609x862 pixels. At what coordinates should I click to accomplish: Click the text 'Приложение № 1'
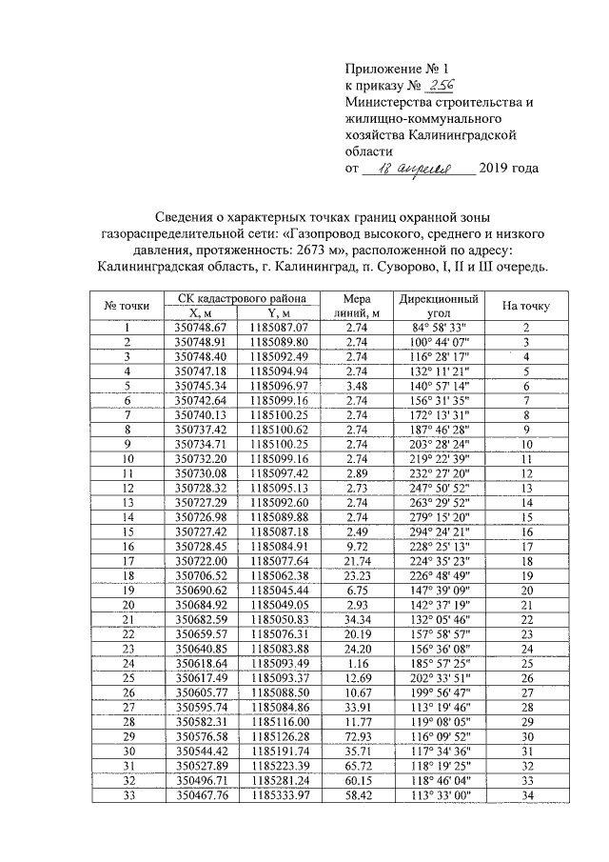[x=395, y=68]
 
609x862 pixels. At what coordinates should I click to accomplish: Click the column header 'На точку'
[x=525, y=305]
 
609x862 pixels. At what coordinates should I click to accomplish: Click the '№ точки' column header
[x=127, y=305]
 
